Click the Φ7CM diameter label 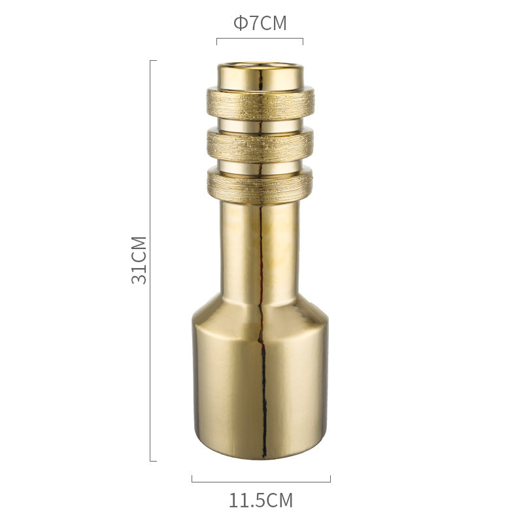tap(260, 24)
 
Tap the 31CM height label tap(139, 260)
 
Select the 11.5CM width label tap(260, 501)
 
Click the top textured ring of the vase tap(260, 100)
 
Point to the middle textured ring tap(260, 141)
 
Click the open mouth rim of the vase tap(260, 67)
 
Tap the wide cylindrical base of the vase tap(260, 386)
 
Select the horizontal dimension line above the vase tap(260, 39)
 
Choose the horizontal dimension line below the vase tap(260, 482)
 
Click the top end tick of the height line tap(153, 61)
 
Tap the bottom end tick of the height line tap(153, 461)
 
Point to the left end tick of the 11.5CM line tap(192, 479)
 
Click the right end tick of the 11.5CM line tap(330, 479)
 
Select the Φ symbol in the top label tap(240, 24)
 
